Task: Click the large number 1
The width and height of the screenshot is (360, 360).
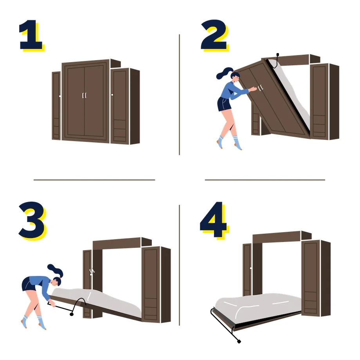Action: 31,36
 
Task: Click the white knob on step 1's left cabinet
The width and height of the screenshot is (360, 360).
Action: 60,96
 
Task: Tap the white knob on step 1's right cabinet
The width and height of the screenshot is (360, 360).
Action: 112,95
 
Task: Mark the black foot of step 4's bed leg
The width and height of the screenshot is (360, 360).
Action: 239,341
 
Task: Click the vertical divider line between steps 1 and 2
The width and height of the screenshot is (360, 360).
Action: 179,94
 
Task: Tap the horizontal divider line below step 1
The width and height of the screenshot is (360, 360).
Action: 94,180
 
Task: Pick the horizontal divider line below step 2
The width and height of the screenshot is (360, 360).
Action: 265,180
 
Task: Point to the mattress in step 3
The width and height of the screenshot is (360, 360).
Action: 98,299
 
